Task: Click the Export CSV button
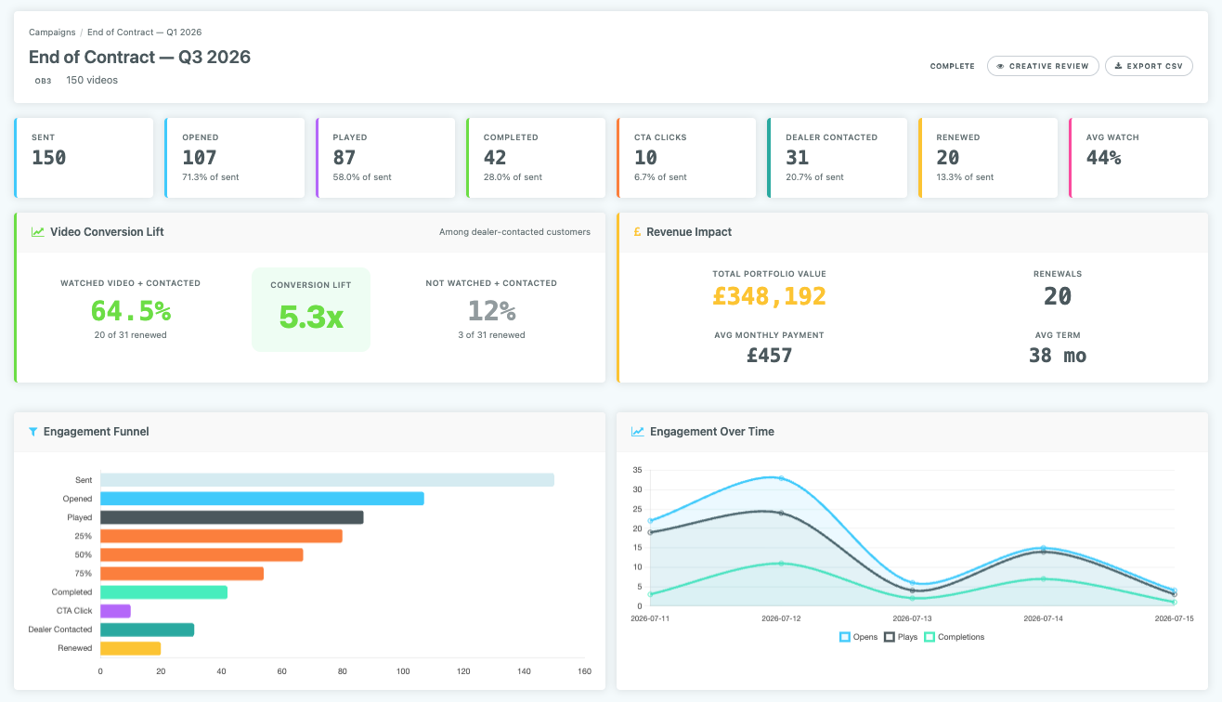(x=1149, y=66)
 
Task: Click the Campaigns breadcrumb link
(x=52, y=32)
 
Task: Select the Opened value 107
(x=200, y=158)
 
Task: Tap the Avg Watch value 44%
(x=1103, y=158)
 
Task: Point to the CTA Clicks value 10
(x=645, y=158)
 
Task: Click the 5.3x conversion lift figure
(x=311, y=318)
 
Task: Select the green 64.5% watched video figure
(x=130, y=310)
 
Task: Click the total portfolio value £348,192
(x=769, y=296)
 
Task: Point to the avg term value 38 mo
(x=1057, y=356)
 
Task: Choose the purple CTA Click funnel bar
(x=115, y=611)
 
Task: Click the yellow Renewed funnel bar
(x=130, y=648)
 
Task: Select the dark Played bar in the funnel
(x=231, y=517)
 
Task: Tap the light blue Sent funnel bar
(x=327, y=480)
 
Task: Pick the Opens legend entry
(x=860, y=637)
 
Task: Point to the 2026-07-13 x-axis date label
(x=912, y=617)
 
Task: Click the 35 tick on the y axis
(x=636, y=470)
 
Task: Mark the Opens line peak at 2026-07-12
(x=781, y=478)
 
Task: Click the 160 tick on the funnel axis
(x=584, y=670)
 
